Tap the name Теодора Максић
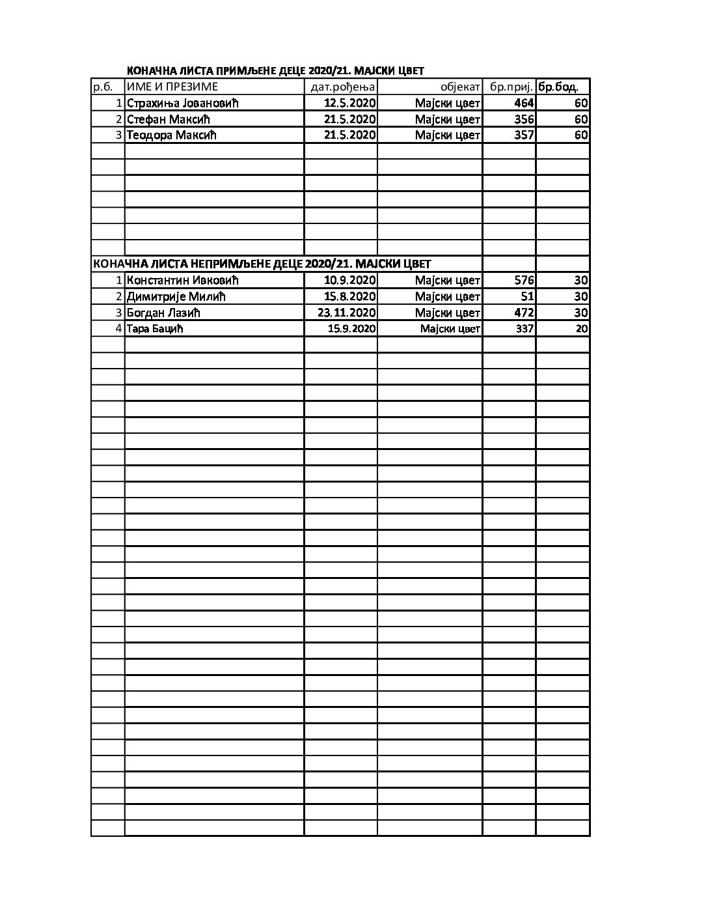(x=171, y=135)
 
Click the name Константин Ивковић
(x=183, y=281)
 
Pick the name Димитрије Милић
(x=176, y=297)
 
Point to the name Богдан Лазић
(x=163, y=313)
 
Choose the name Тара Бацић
(x=155, y=329)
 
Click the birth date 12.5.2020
(x=350, y=103)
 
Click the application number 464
(x=523, y=103)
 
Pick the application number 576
(x=523, y=281)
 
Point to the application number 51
(x=527, y=297)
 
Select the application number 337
(x=524, y=329)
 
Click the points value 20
(x=582, y=329)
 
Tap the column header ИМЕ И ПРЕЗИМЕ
(x=172, y=87)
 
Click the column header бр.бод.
(x=558, y=87)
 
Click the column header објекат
(x=460, y=87)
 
